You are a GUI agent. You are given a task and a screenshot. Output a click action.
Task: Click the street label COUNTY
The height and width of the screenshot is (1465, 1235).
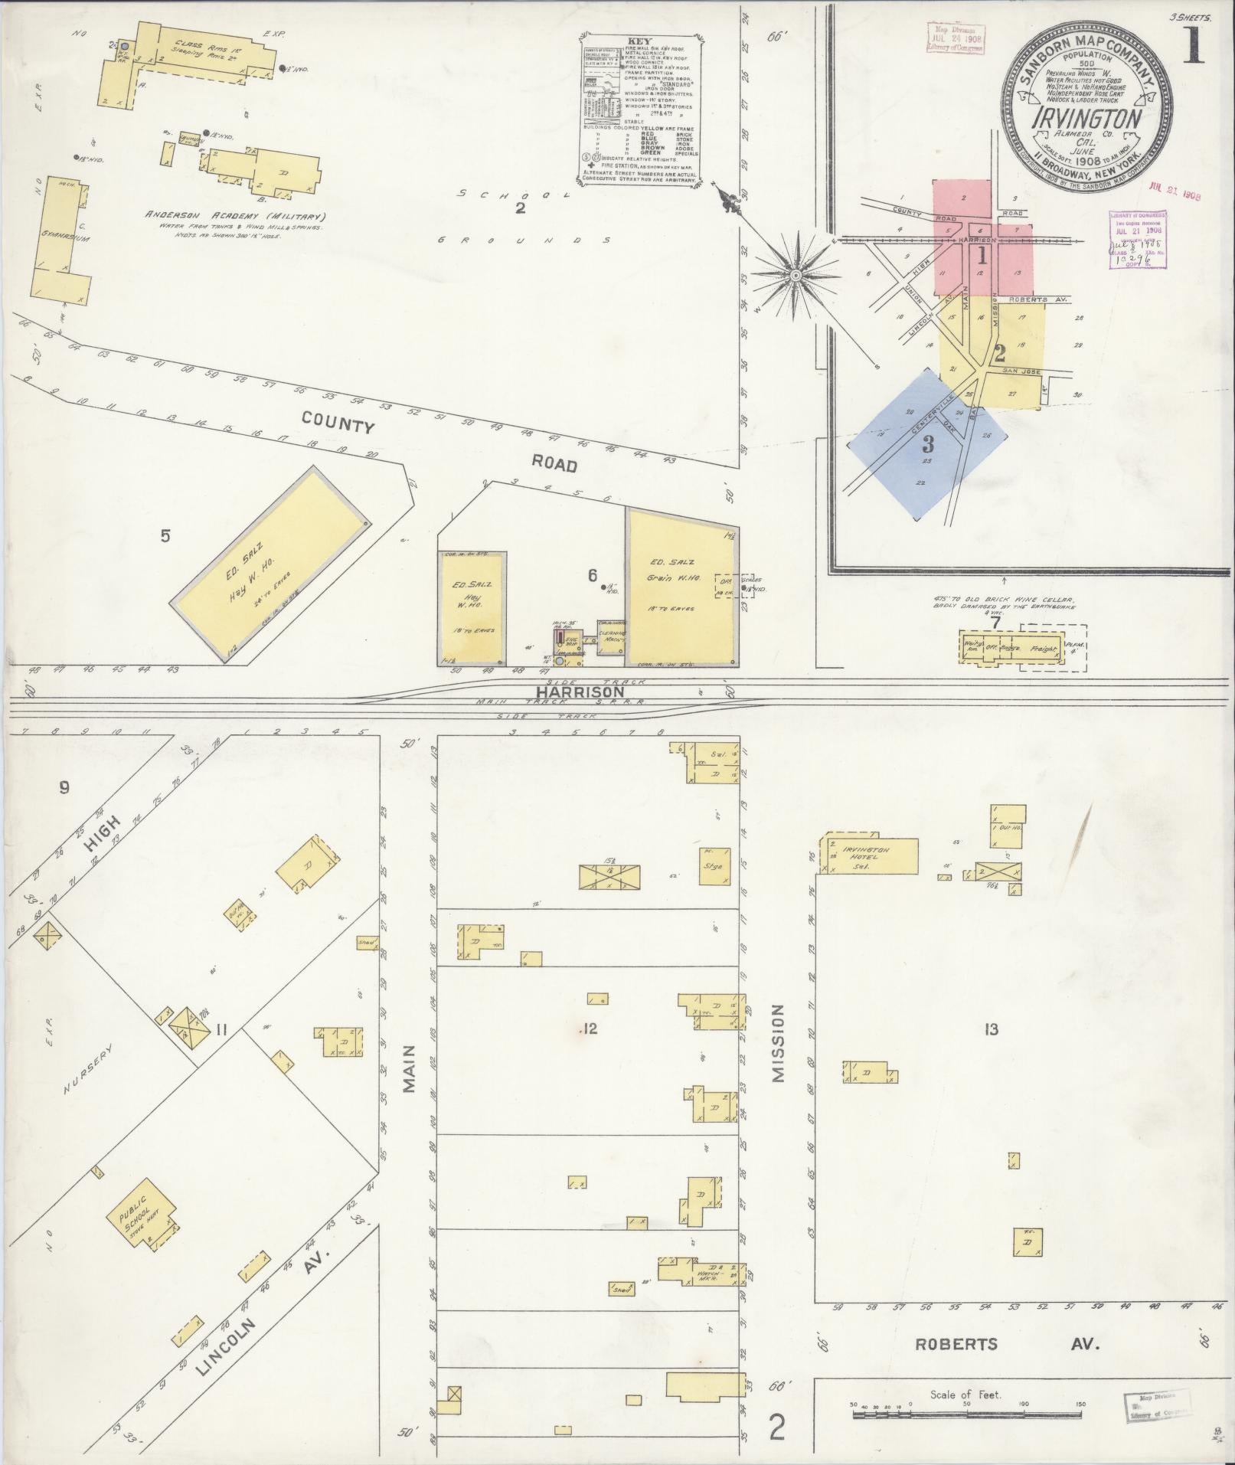tap(337, 422)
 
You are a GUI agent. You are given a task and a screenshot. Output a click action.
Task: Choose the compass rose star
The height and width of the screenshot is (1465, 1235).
tap(796, 273)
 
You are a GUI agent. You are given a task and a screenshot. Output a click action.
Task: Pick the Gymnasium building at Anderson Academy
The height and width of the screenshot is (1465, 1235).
tap(58, 237)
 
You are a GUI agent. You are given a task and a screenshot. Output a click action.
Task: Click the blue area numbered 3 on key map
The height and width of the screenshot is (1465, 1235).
tap(928, 443)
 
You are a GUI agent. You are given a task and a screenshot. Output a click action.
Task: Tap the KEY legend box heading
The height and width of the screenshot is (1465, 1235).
tap(638, 41)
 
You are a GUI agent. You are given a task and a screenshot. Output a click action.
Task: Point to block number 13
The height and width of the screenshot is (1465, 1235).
tap(992, 1029)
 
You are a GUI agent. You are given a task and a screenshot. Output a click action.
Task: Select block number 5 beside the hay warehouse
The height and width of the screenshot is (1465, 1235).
tap(165, 536)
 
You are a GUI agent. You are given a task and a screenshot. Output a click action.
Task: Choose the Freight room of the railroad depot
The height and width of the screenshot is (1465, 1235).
tap(1043, 649)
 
